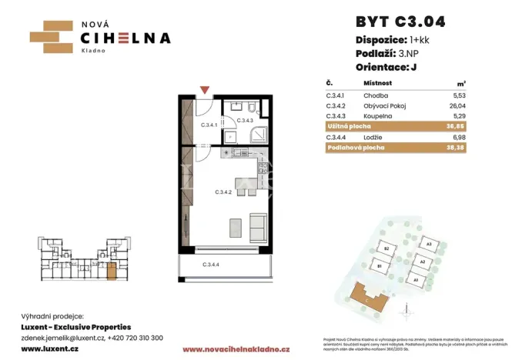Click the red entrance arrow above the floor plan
[x=203, y=90]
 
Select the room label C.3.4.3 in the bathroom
[x=245, y=121]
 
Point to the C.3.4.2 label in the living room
[x=226, y=192]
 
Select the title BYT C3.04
[x=400, y=21]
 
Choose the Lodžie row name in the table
[x=373, y=135]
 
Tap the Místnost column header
[x=378, y=83]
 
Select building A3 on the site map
[x=429, y=244]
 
